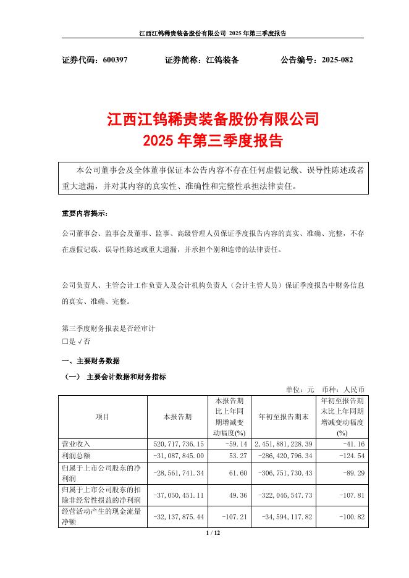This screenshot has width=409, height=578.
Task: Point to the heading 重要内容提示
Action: (85, 214)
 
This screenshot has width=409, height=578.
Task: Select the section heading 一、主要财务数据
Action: (90, 361)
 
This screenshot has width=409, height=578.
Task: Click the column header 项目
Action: (103, 417)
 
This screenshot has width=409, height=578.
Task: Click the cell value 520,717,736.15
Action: (177, 443)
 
